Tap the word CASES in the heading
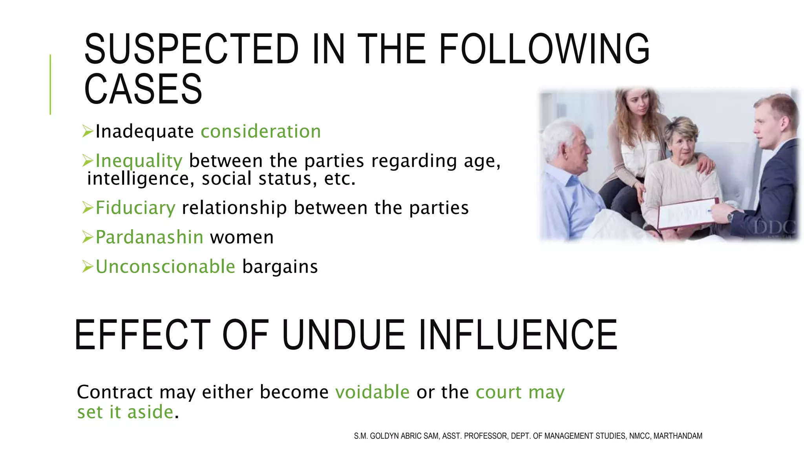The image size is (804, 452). point(143,89)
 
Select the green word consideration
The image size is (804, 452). point(261,131)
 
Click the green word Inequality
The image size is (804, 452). point(139,161)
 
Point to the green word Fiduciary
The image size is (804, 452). point(135,208)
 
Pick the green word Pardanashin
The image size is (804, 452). point(150,237)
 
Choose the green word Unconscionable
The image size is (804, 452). point(165,267)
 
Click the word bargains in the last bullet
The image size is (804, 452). point(280,267)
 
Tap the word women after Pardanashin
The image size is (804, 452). point(242,237)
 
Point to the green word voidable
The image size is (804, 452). point(372,392)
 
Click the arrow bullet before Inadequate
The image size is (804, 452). point(88,131)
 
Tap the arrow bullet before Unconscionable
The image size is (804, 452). point(88,266)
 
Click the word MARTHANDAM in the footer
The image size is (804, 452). point(678,436)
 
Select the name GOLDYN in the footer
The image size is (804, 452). point(384,436)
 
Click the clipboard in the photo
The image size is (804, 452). point(687,214)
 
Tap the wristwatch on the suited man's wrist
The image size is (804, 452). point(731,216)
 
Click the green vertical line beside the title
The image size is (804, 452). point(50,84)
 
